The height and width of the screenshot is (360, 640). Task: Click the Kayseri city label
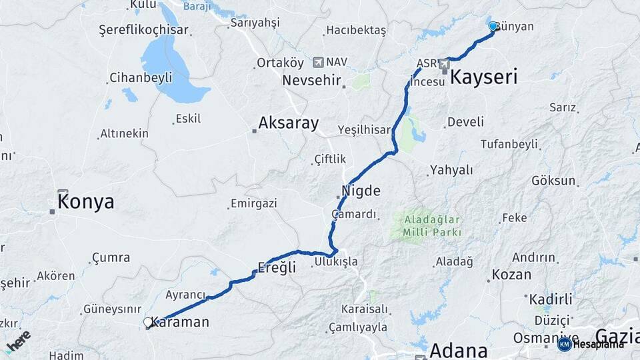coord(484,77)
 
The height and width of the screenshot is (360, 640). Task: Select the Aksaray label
coord(288,123)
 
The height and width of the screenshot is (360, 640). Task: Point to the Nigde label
coord(361,191)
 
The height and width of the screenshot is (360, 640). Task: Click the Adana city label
coord(458,349)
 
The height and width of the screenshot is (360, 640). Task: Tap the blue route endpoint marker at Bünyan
coord(493,26)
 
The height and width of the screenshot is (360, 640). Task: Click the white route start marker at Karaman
coord(148,323)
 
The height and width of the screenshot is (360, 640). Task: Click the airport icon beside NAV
coord(317,62)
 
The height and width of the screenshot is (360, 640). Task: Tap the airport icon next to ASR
coord(444,64)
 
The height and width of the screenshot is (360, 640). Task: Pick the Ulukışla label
coord(336,261)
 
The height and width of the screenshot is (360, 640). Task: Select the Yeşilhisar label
coord(363,129)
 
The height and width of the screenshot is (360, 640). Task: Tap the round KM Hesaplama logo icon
coord(564,344)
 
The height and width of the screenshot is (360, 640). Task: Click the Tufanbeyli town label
coord(509,144)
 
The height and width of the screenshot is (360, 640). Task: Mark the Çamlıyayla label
coord(357,327)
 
